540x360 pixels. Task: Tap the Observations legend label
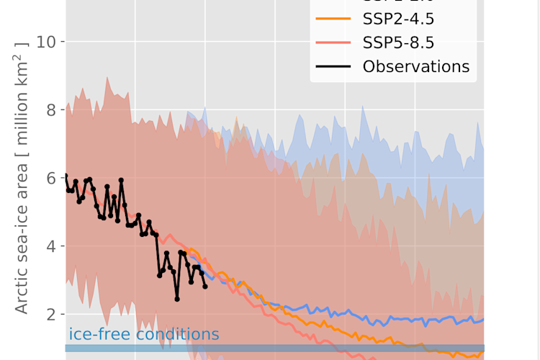(416, 67)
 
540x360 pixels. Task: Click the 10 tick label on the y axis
(48, 42)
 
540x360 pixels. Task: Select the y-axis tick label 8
(52, 110)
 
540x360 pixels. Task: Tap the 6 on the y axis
(52, 178)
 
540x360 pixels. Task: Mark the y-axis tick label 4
(52, 246)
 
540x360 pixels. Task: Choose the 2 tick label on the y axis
(52, 314)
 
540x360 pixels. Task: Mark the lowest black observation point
(177, 299)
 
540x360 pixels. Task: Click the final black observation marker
(205, 287)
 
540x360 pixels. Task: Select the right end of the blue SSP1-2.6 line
(483, 319)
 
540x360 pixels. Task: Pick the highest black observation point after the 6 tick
(121, 180)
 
